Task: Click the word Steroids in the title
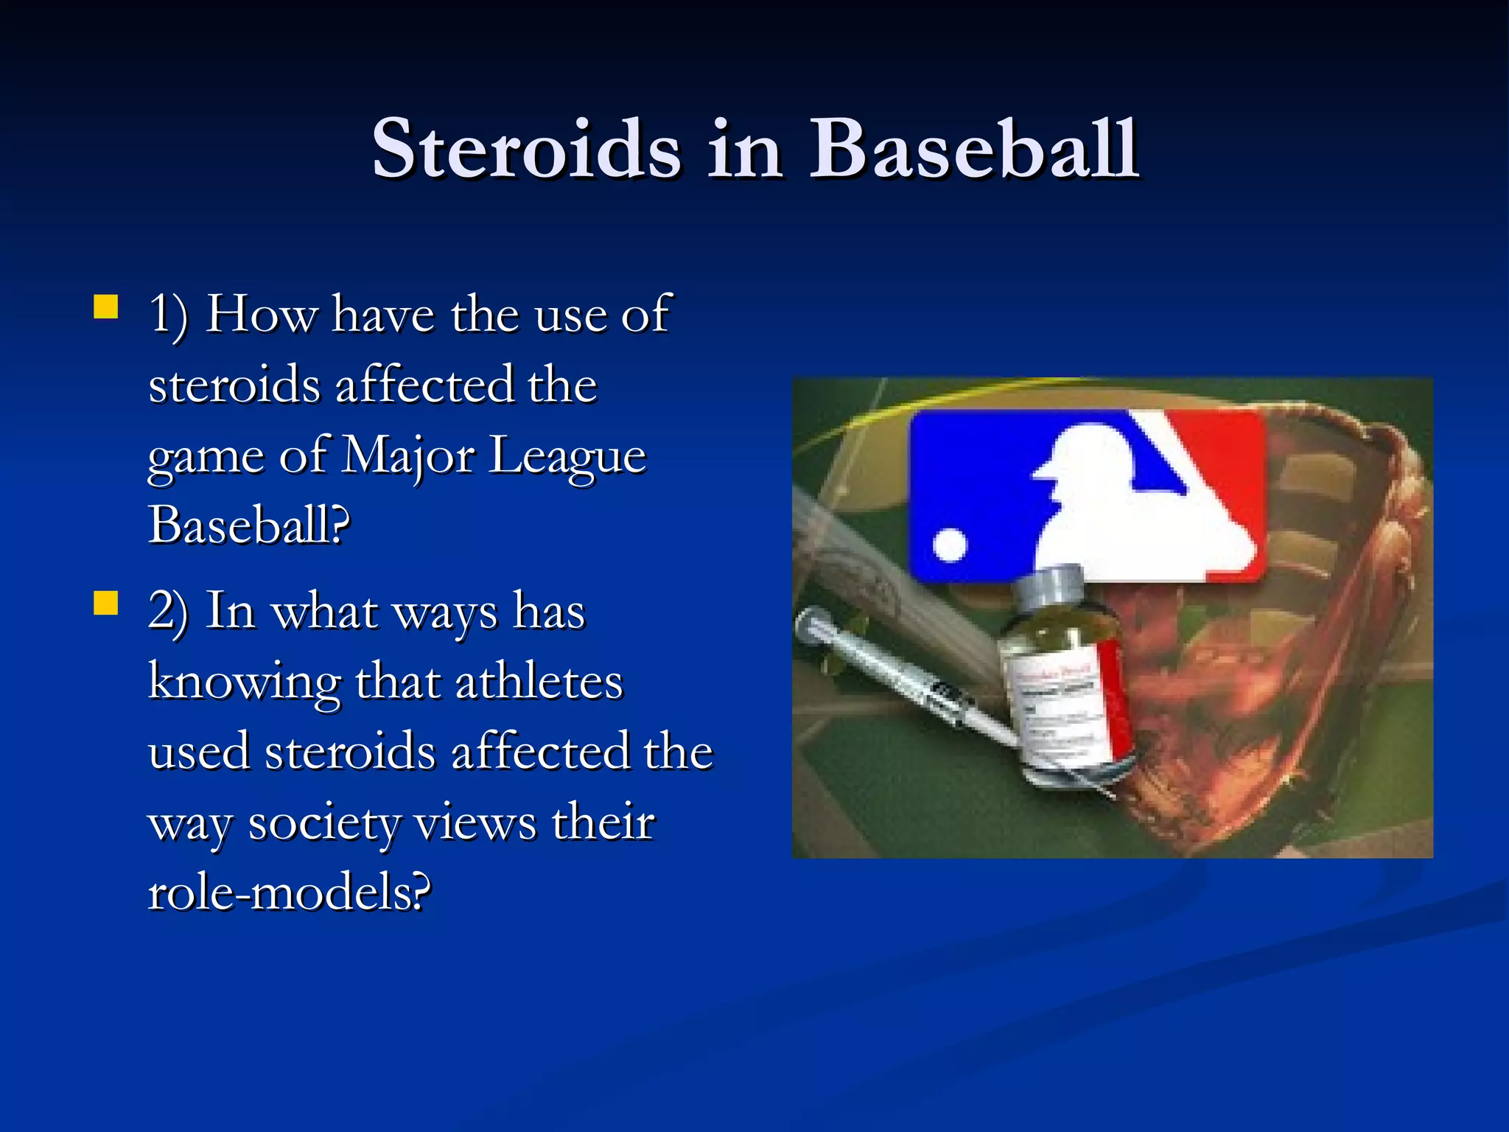coord(526,150)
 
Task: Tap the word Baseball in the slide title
coord(974,150)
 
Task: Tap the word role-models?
coord(289,892)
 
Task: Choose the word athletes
coord(539,682)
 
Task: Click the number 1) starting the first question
coord(168,315)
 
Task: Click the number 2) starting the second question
coord(168,612)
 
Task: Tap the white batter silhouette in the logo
coord(1127,516)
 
